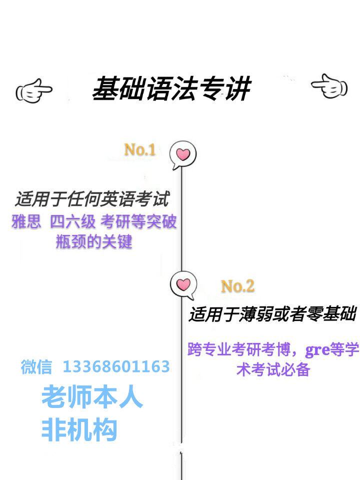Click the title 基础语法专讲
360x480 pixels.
171,89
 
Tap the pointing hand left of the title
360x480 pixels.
34,91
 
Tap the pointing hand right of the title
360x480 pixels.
329,87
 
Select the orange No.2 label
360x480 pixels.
237,286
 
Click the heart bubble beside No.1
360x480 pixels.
182,154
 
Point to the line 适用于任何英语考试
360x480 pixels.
92,199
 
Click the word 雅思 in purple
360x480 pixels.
26,221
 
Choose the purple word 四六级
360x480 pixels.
72,221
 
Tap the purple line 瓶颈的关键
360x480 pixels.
94,242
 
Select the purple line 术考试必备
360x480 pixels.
273,370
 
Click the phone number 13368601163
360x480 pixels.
116,367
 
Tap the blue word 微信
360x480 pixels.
36,367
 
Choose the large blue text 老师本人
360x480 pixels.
92,397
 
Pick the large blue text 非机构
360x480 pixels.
79,429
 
